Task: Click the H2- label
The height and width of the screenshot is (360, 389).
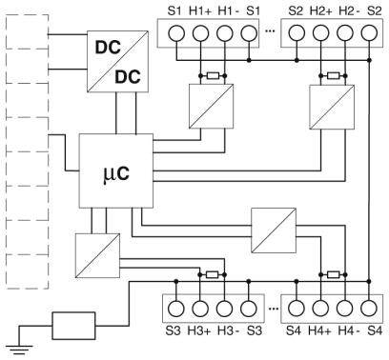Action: click(x=348, y=10)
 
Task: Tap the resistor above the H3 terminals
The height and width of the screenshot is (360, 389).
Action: click(x=213, y=275)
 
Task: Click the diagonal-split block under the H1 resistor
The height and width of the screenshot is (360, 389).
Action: click(x=205, y=105)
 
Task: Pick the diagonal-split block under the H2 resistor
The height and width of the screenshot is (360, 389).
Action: click(x=325, y=105)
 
